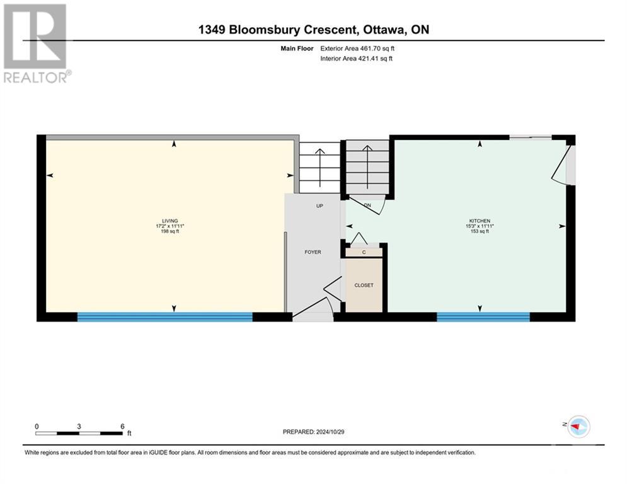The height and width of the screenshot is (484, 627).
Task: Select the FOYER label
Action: (313, 252)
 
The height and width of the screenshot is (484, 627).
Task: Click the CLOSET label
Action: (364, 285)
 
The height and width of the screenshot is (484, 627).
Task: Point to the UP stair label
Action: (319, 206)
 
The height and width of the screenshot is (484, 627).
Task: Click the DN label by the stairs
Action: (367, 206)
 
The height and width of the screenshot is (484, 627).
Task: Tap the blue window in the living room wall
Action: (164, 317)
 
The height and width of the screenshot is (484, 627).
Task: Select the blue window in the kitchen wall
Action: (483, 317)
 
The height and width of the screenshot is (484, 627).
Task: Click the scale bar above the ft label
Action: (79, 433)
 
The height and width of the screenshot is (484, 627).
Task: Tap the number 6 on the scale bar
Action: (122, 426)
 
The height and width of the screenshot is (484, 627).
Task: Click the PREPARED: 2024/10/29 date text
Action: (313, 432)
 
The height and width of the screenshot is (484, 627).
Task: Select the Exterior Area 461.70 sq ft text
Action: (357, 48)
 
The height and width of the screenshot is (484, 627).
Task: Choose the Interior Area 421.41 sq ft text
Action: (357, 59)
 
